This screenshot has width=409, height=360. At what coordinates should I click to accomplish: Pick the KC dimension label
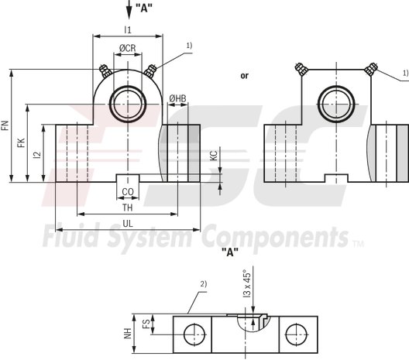click(214, 155)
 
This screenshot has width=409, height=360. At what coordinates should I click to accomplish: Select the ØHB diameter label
click(177, 98)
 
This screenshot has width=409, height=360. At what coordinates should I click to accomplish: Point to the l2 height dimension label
click(37, 154)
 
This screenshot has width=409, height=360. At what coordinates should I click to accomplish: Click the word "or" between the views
click(245, 76)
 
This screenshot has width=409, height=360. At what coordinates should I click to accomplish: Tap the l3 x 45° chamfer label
click(247, 284)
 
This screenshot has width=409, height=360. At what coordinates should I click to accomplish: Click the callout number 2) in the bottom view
click(204, 283)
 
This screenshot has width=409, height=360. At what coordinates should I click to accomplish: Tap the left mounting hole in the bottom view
click(190, 334)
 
